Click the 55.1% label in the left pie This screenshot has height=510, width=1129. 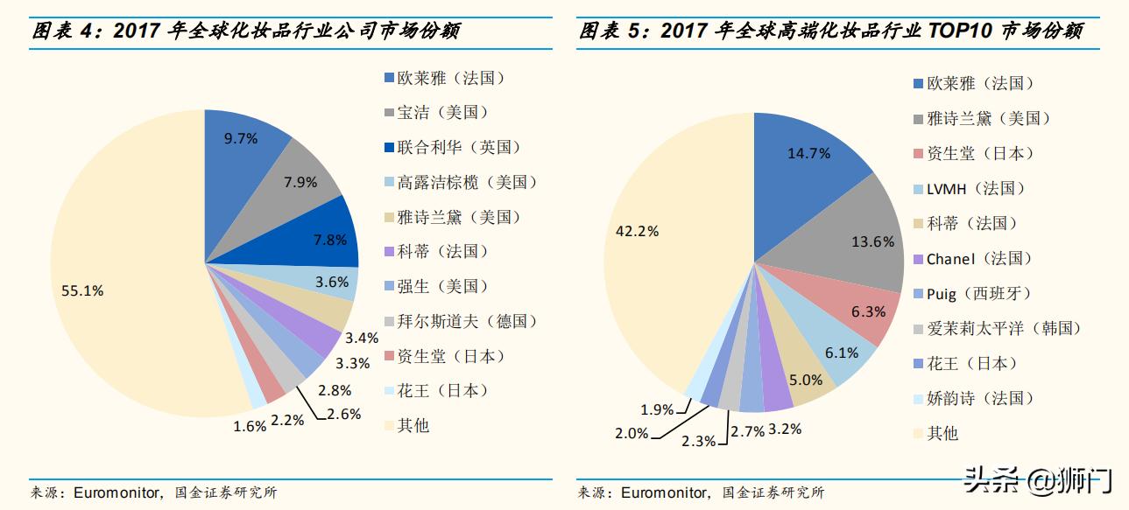pos(82,290)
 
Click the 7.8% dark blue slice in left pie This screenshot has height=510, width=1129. pos(328,238)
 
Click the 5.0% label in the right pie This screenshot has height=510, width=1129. pos(806,380)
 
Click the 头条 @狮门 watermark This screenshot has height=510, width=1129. pos(1037,479)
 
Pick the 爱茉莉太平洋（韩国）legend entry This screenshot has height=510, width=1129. pos(1003,328)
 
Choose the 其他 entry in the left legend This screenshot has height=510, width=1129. pos(413,425)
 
